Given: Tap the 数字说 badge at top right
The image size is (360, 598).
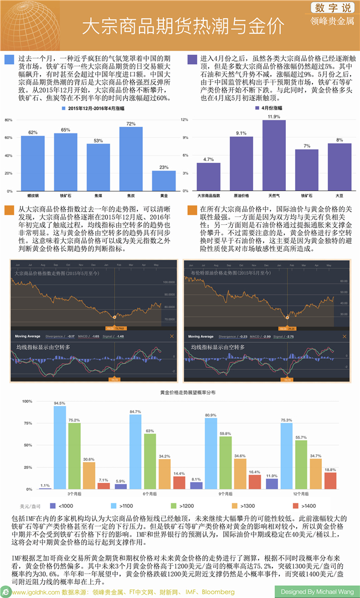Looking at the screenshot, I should pos(332,8).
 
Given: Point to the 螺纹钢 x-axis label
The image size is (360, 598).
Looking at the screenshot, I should pos(33,195).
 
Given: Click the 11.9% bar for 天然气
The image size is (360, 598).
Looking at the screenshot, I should pos(274,155).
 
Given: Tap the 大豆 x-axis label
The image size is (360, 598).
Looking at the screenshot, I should pos(339,195).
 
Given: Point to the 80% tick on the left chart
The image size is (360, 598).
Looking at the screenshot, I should pos(8,120).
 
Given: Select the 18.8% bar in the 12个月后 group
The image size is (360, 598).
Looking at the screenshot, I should pos(330,481).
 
